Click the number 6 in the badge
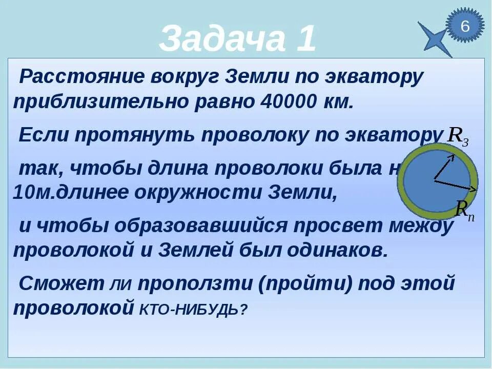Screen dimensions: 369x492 (465, 26)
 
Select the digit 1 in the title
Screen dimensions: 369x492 (305, 39)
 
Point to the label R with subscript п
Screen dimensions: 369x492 (465, 210)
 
